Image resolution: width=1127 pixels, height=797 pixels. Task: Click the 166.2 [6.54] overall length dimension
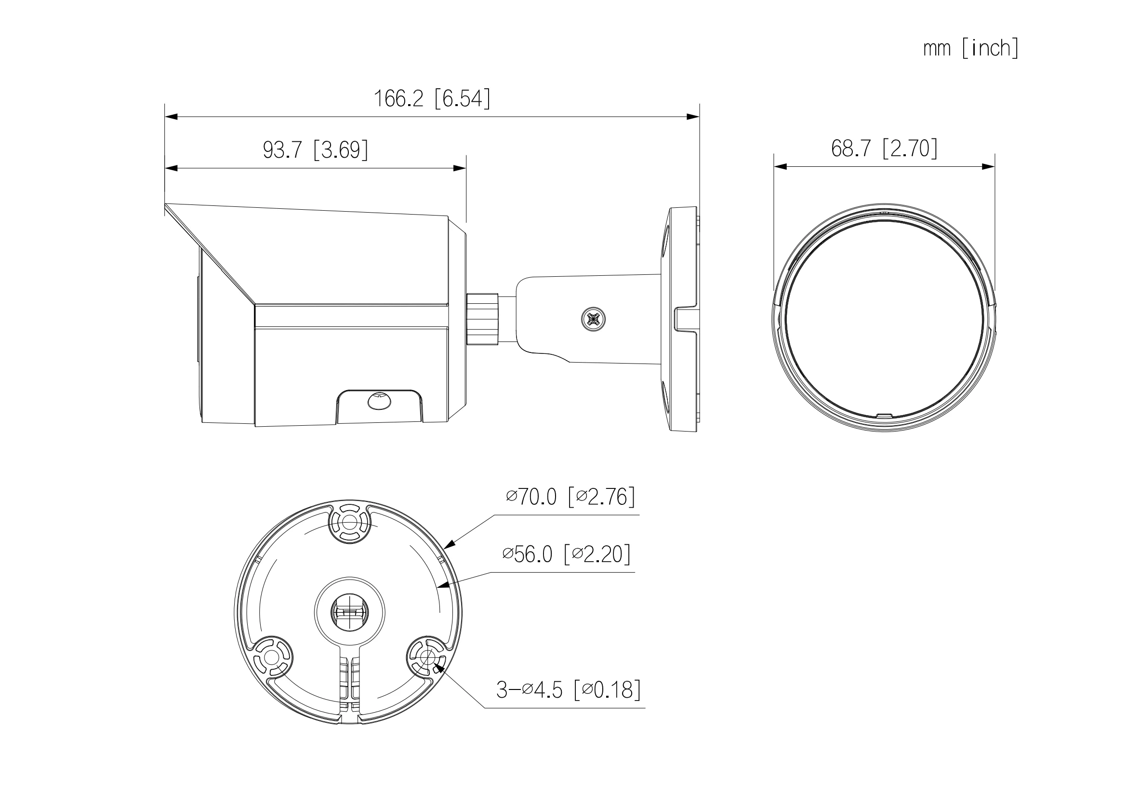(x=432, y=99)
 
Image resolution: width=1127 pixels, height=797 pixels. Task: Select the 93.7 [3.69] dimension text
(x=315, y=149)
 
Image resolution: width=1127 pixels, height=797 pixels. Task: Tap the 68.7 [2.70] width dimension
(x=884, y=148)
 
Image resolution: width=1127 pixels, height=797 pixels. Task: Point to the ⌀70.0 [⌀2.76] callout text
(x=570, y=497)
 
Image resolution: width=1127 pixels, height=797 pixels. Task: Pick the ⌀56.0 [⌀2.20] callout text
(x=567, y=554)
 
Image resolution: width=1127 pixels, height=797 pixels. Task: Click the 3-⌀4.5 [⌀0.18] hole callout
(x=568, y=689)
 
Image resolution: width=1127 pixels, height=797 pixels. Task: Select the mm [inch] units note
(x=970, y=49)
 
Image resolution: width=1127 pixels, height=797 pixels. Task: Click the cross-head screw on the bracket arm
(x=593, y=320)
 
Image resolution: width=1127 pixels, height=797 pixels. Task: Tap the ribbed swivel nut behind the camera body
(x=482, y=319)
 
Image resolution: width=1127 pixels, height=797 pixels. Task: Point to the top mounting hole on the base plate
(x=349, y=521)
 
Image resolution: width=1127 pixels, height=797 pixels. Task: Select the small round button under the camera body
(x=379, y=401)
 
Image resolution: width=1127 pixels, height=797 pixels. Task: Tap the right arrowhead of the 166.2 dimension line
(x=693, y=117)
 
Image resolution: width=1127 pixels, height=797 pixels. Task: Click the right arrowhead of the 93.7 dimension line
(x=460, y=168)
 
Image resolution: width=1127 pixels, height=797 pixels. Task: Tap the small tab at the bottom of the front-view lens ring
(x=884, y=416)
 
